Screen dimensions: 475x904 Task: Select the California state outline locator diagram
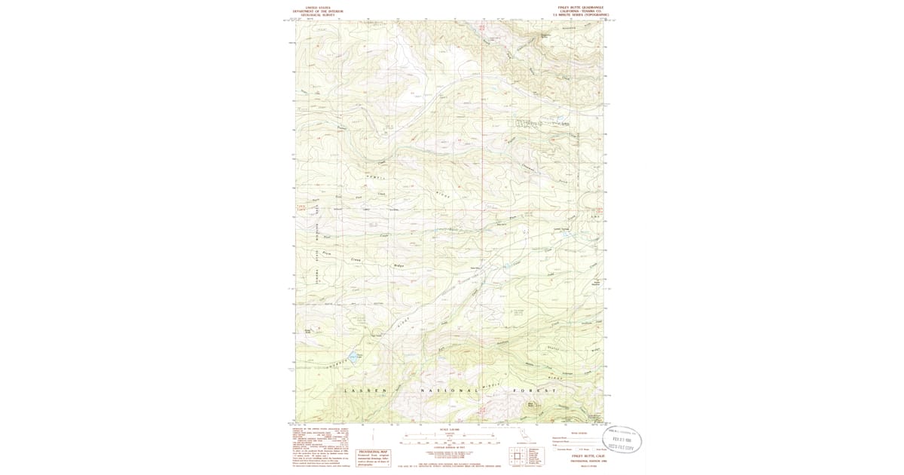(523, 436)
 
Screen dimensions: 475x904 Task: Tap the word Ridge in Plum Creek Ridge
(399, 266)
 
